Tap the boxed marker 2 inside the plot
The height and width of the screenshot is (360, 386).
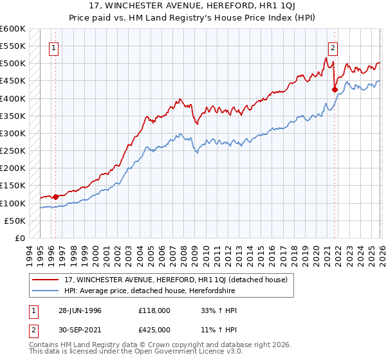tap(333, 47)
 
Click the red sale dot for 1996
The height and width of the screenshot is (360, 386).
tap(56, 197)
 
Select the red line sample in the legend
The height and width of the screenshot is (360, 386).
tap(46, 279)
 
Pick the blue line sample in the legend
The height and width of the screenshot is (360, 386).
tap(46, 291)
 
